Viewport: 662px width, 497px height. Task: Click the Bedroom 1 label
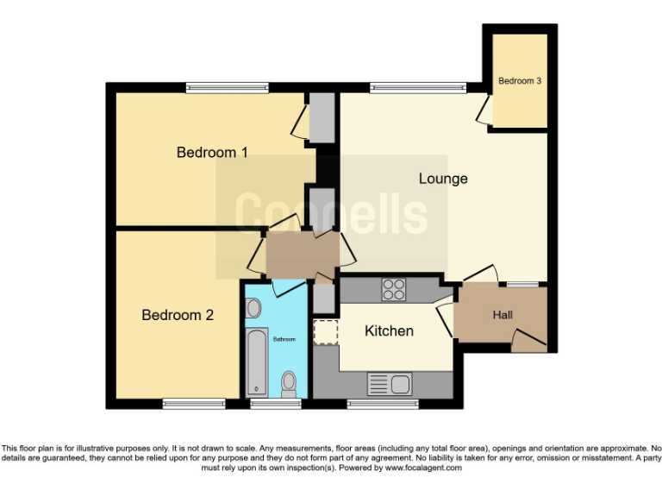212,153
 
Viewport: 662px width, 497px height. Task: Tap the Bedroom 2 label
178,315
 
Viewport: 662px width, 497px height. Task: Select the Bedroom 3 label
520,81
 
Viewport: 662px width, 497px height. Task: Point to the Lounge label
443,179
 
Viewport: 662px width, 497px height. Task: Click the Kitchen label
389,330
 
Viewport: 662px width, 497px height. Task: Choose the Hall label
503,315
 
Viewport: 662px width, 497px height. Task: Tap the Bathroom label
284,339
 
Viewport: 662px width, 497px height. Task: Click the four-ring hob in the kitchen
394,289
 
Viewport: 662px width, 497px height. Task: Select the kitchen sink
390,383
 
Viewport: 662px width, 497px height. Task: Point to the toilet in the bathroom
289,381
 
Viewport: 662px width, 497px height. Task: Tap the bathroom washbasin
253,308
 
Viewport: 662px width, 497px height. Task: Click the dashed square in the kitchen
326,332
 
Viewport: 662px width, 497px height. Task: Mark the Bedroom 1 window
227,86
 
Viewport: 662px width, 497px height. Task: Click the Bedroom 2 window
194,403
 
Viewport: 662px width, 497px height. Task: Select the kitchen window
383,403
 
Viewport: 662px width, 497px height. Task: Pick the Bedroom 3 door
485,110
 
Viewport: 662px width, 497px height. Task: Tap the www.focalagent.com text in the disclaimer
422,468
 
